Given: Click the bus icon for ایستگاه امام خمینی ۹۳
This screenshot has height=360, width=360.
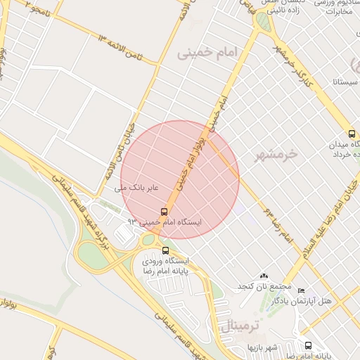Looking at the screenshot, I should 165,211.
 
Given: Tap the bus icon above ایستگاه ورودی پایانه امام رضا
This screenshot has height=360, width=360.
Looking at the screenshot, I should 166,250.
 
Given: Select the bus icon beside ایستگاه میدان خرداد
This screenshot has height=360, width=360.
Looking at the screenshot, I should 352,134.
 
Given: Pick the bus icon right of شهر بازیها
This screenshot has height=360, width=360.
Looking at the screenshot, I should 308,345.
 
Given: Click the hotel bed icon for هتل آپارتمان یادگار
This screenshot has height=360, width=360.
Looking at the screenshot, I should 302,291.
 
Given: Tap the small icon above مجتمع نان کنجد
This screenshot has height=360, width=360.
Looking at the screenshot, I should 264,276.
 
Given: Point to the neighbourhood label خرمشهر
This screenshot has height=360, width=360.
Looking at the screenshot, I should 274,153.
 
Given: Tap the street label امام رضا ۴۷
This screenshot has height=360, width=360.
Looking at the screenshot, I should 277,224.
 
